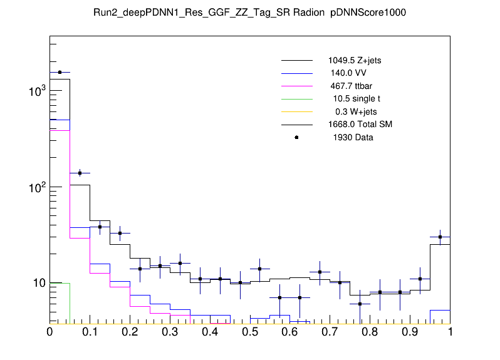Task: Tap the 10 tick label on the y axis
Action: [x=39, y=283]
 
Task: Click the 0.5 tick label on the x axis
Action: [x=250, y=332]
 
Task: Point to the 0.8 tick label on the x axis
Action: [x=370, y=332]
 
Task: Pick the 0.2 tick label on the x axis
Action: [x=130, y=332]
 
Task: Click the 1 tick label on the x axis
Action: [x=450, y=332]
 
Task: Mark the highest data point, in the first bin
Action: [x=60, y=72]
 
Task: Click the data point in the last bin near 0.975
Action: [x=440, y=237]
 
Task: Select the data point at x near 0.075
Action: [x=80, y=173]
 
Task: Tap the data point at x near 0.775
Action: [x=360, y=304]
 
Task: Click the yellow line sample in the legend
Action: [x=296, y=111]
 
